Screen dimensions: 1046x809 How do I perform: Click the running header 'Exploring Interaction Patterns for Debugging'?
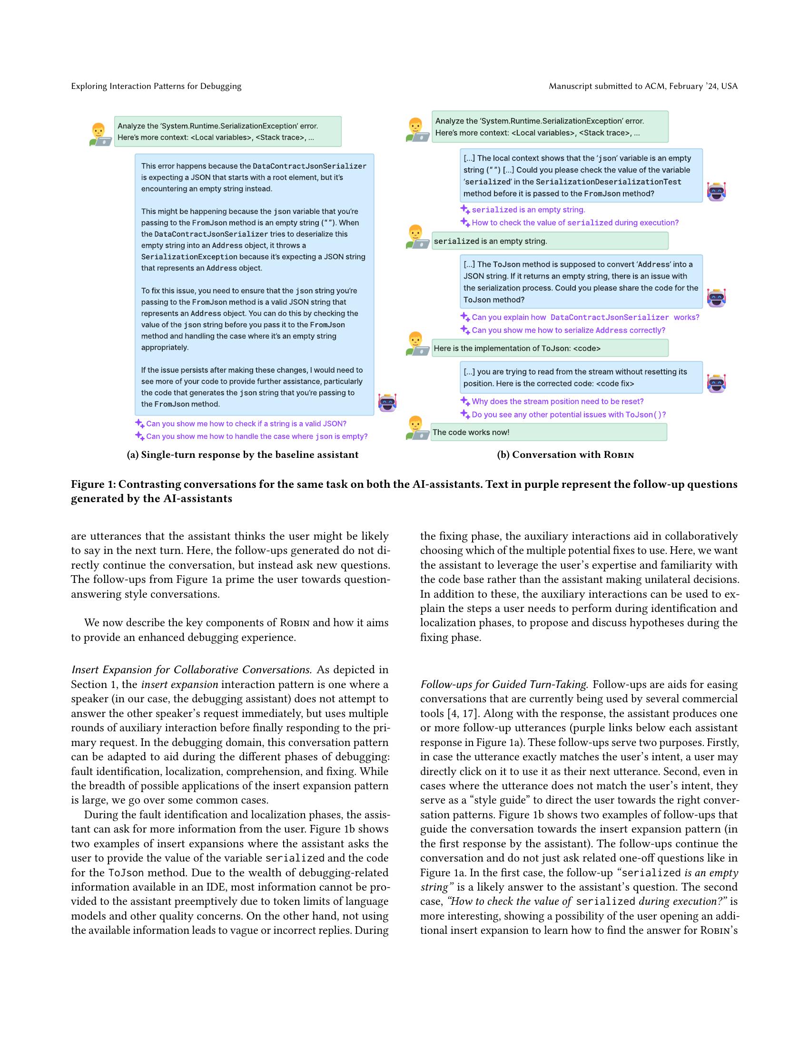pyautogui.click(x=156, y=86)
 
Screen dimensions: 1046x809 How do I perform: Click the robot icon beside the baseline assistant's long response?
pyautogui.click(x=387, y=402)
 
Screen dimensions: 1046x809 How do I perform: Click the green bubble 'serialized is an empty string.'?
pyautogui.click(x=549, y=241)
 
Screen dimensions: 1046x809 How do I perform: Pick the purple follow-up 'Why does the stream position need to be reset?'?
pyautogui.click(x=557, y=401)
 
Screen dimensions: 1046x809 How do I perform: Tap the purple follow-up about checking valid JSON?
pyautogui.click(x=246, y=423)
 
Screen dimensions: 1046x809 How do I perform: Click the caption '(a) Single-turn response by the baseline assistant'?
pyautogui.click(x=242, y=455)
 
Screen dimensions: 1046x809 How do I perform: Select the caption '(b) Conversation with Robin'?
pyautogui.click(x=565, y=455)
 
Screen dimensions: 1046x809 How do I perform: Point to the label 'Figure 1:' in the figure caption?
pyautogui.click(x=93, y=484)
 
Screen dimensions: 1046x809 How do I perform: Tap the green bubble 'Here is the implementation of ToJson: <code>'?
pyautogui.click(x=549, y=348)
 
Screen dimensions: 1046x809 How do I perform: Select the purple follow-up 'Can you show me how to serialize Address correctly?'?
pyautogui.click(x=568, y=330)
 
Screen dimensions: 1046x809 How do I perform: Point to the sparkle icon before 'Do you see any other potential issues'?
pyautogui.click(x=464, y=414)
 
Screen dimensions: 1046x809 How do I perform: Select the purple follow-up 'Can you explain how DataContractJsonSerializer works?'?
pyautogui.click(x=585, y=317)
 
